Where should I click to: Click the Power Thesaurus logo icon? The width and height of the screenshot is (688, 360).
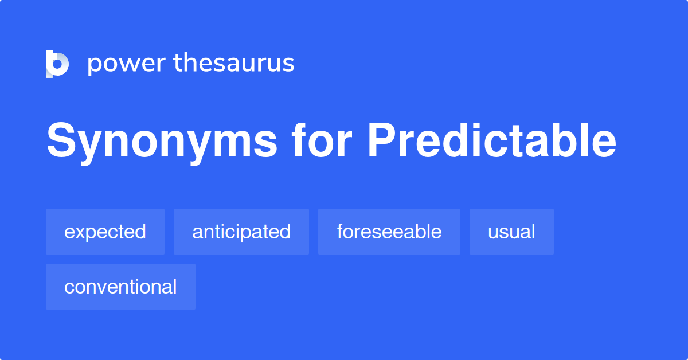coord(57,64)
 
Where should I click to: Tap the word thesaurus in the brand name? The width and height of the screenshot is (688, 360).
coord(234,62)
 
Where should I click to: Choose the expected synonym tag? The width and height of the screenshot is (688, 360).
coord(105,232)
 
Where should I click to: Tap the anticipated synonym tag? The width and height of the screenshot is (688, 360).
coord(241,232)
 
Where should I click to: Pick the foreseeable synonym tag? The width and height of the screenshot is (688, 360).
coord(389,232)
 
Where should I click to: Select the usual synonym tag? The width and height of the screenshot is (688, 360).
coord(511,232)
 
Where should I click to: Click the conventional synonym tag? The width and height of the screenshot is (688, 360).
coord(120,287)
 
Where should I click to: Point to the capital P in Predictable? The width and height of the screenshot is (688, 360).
coord(382,140)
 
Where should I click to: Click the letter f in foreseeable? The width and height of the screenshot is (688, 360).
coord(341,230)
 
